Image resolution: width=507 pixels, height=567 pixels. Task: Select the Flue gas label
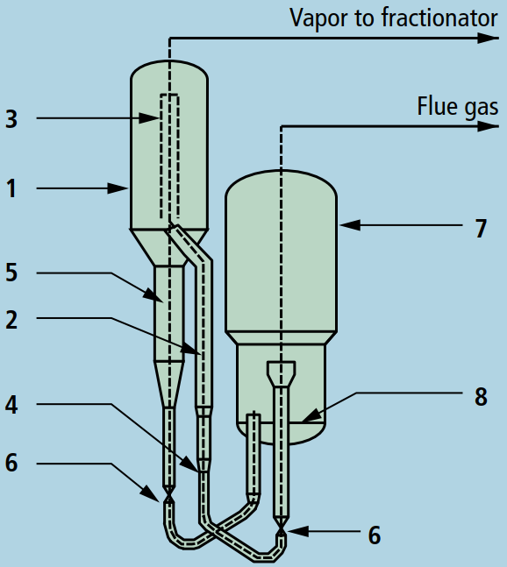[458, 107]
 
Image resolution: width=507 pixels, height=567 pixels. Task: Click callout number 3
[11, 119]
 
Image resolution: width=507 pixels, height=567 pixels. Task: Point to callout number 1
[11, 188]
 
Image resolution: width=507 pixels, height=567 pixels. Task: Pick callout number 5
[11, 273]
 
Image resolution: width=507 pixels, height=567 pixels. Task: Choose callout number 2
[11, 320]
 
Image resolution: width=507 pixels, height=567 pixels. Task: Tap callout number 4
[11, 405]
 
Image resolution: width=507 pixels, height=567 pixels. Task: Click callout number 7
[481, 229]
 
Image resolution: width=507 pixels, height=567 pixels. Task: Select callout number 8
[481, 397]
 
